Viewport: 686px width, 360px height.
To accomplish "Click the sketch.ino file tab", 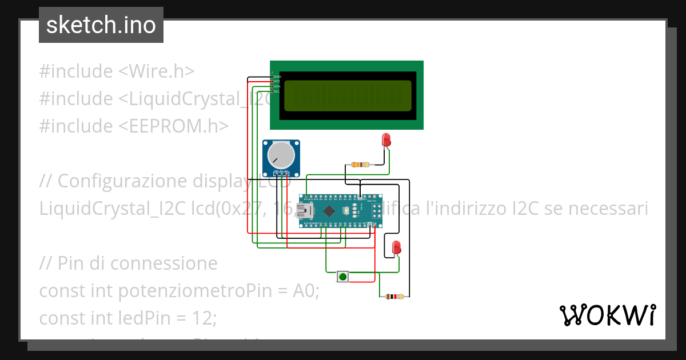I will point(101,25).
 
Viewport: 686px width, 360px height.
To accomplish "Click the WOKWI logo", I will point(607,315).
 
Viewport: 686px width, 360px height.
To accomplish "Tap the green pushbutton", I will point(342,277).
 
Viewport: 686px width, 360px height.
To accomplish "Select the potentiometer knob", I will point(280,154).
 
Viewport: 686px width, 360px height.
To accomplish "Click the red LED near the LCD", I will point(386,139).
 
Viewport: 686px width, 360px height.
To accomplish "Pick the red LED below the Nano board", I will point(396,247).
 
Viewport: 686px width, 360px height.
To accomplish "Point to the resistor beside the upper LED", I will point(360,165).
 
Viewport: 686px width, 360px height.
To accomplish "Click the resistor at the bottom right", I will point(394,297).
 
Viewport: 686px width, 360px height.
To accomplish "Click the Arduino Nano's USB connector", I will point(307,211).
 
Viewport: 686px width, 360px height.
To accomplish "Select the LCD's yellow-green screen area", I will point(347,95).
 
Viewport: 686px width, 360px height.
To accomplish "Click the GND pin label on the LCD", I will point(278,77).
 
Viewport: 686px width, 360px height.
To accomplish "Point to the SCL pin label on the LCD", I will point(277,91).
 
